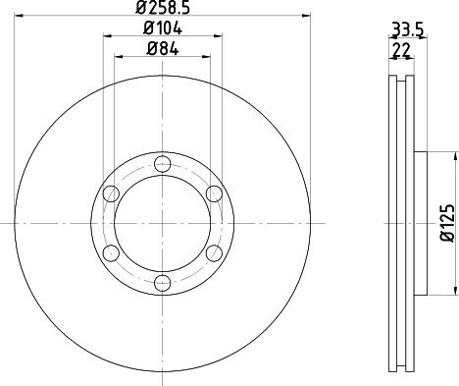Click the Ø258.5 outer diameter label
[x=163, y=8]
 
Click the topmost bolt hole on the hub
[x=163, y=163]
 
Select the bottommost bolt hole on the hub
[x=163, y=284]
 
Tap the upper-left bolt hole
[x=111, y=193]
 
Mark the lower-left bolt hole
[x=111, y=253]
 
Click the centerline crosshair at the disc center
[x=163, y=224]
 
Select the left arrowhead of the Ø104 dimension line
[x=107, y=36]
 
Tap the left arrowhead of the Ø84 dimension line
[x=121, y=57]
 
